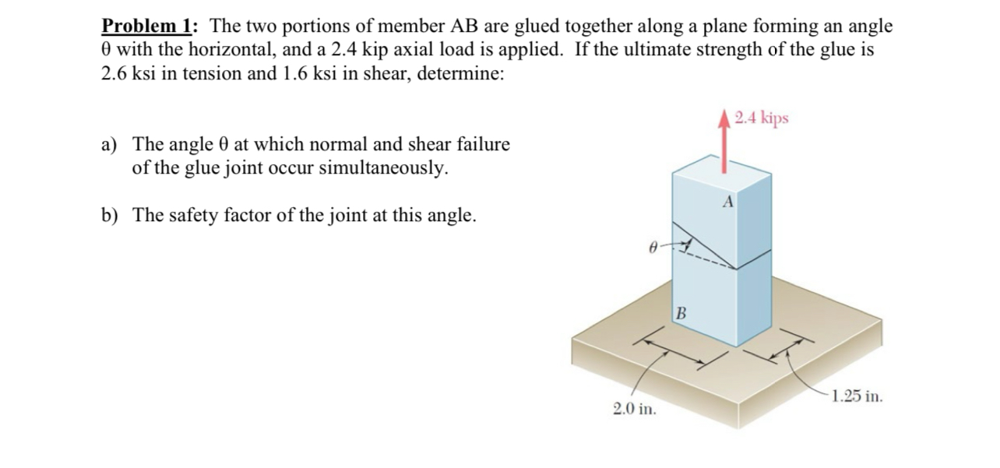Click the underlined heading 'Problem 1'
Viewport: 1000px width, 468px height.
pyautogui.click(x=148, y=26)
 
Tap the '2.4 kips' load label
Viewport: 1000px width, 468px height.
pyautogui.click(x=761, y=118)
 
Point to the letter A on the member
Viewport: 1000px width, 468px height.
pyautogui.click(x=728, y=202)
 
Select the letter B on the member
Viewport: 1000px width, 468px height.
pyautogui.click(x=681, y=315)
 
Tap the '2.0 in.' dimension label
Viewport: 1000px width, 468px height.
pyautogui.click(x=634, y=408)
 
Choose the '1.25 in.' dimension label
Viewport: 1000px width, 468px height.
pyautogui.click(x=857, y=396)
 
